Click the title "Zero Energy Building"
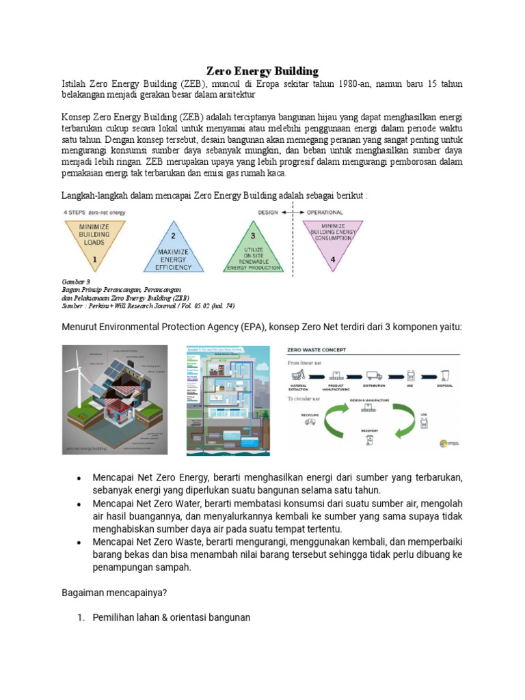click(262, 71)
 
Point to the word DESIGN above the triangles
click(267, 213)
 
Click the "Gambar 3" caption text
click(76, 281)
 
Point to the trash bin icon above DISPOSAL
click(445, 375)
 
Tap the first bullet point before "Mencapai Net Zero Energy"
click(80, 476)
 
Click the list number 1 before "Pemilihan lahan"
click(80, 617)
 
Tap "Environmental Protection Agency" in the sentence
click(180, 327)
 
